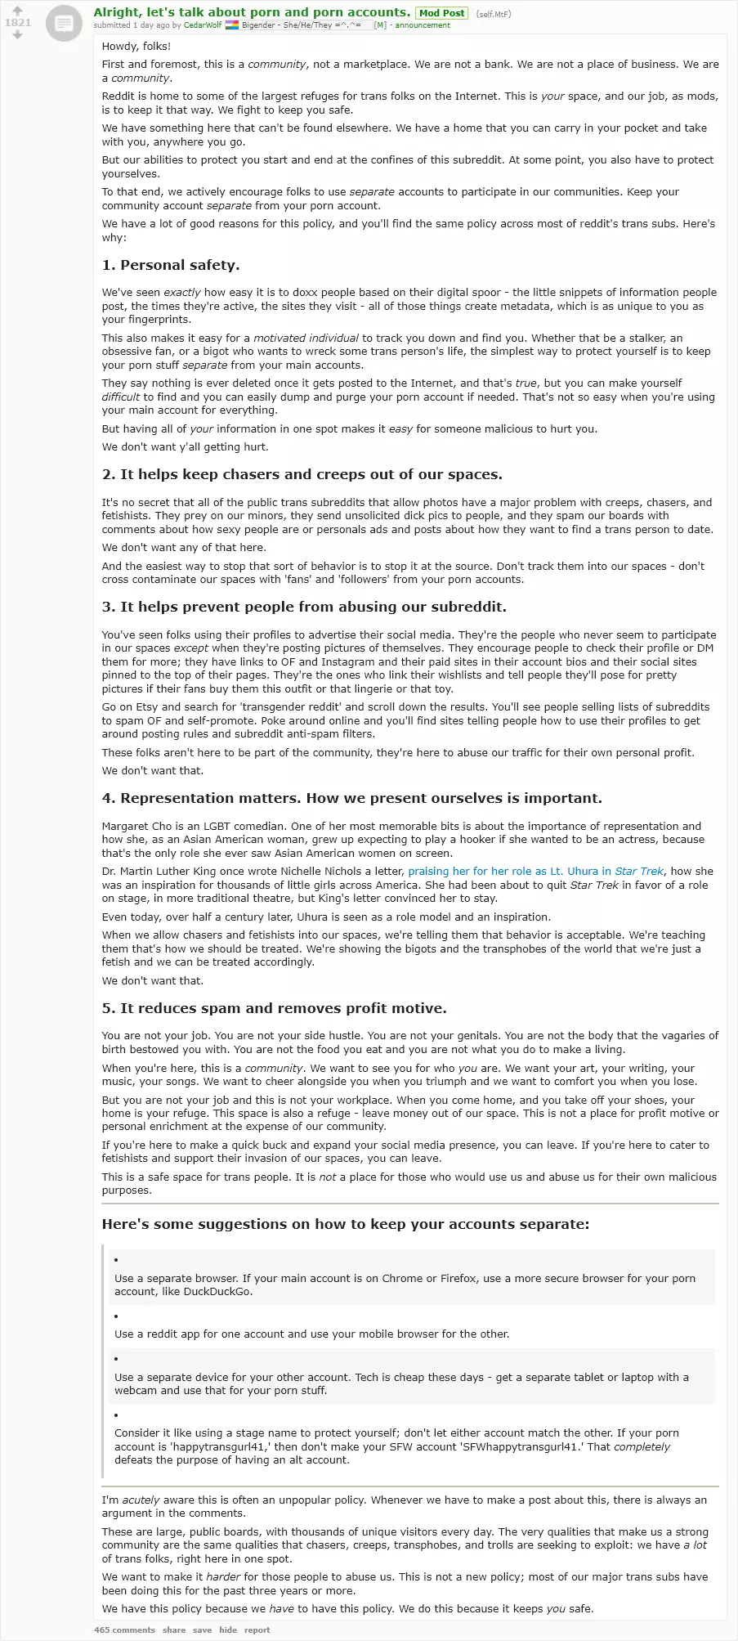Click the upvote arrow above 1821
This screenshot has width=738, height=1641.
[x=17, y=11]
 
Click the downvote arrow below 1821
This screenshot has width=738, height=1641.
[x=17, y=35]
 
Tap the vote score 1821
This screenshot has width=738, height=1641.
[x=17, y=23]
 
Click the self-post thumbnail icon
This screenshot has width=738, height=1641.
[x=63, y=24]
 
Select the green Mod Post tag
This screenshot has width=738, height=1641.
[x=441, y=13]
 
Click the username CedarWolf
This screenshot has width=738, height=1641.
[x=203, y=25]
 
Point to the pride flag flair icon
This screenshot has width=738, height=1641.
[x=232, y=25]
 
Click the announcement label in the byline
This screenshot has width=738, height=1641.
[x=423, y=25]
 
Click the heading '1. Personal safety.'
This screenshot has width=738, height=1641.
[x=171, y=265]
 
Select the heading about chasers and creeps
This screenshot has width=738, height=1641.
[x=302, y=475]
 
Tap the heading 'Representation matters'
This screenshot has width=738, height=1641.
[x=351, y=798]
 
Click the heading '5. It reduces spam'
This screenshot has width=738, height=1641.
[x=274, y=1008]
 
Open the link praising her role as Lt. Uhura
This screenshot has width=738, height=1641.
[x=535, y=872]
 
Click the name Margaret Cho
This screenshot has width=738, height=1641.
[x=136, y=826]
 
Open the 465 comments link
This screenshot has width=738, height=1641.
[x=124, y=1630]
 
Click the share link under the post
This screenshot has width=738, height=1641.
[x=174, y=1630]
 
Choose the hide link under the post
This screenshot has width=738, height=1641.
[x=228, y=1630]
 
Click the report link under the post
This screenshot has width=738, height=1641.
[x=257, y=1630]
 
